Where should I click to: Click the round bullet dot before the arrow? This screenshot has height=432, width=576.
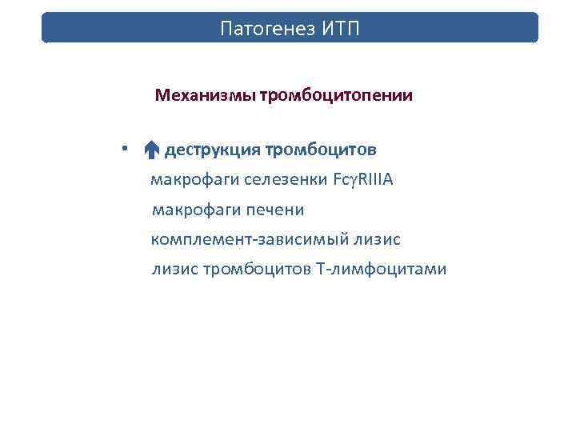[137, 149]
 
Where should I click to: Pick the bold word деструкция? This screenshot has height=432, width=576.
[212, 150]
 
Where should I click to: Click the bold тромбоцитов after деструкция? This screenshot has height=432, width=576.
[320, 150]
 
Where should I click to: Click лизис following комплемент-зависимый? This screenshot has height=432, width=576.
[378, 240]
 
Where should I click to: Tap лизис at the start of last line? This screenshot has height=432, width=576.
[172, 270]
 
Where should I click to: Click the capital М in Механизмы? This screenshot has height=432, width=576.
[162, 97]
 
